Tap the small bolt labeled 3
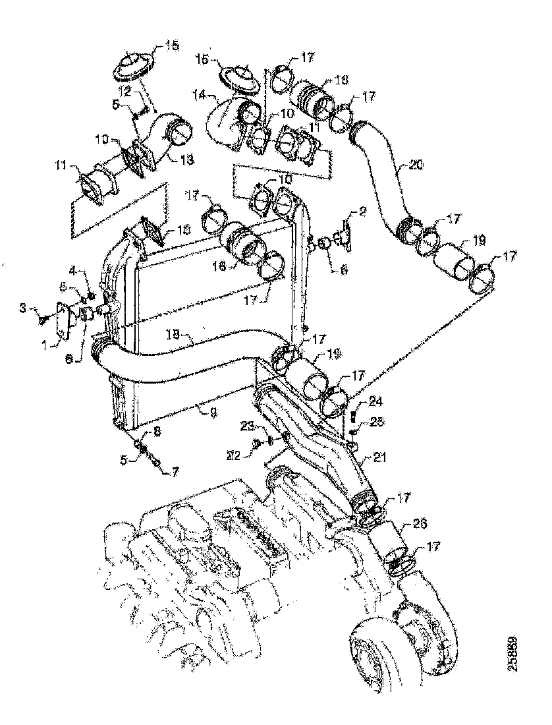pyautogui.click(x=43, y=318)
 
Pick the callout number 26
pyautogui.click(x=419, y=525)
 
